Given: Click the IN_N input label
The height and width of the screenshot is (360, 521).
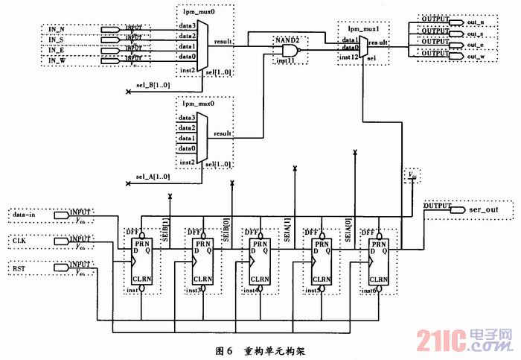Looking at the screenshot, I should pos(56,28).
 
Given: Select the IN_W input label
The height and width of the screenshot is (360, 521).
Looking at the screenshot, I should pos(56,60).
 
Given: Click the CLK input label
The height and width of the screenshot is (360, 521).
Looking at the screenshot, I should pos(20,240).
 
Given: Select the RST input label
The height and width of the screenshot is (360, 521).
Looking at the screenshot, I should pos(20,267).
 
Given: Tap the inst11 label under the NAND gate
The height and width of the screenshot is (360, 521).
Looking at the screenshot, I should pos(284,60).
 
